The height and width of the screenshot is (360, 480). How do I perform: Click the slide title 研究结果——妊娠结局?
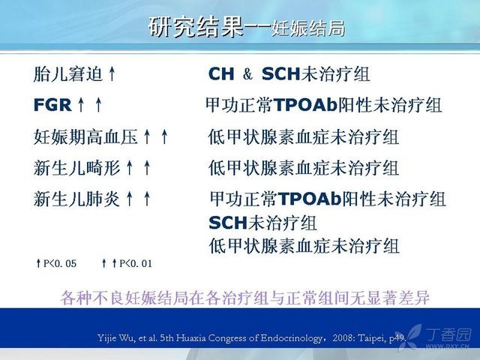pos(247,28)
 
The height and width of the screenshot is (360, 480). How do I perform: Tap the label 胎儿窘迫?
pos(67,74)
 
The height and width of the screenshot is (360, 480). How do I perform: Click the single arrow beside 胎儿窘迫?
pos(112,74)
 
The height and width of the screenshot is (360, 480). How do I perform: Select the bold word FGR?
pos(52,105)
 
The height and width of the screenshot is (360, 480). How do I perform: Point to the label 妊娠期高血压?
pos(85,136)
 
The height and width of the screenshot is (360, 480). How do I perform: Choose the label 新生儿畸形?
pos(76,168)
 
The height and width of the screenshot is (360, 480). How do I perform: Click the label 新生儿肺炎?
pos(76,199)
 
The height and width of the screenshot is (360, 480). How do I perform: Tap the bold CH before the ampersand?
pos(221,74)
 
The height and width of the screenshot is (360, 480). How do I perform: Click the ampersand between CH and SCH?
pos(247,74)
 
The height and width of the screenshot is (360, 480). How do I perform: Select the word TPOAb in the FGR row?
pos(305,105)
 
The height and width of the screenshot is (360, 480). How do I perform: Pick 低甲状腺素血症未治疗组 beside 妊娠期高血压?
pos(303,136)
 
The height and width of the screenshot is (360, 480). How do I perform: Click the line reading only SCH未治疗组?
pos(262,223)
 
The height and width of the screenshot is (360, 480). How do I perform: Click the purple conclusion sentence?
pos(245,298)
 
